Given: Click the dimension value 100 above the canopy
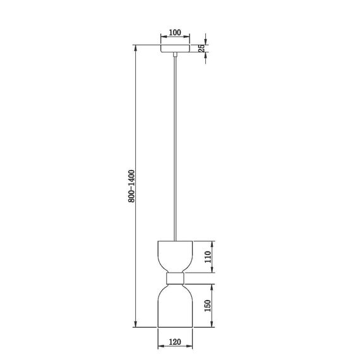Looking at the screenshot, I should click(175, 32).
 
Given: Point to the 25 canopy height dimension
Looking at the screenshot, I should click(202, 49).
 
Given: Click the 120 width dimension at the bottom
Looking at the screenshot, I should click(175, 345).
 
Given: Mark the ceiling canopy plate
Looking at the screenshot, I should click(175, 49).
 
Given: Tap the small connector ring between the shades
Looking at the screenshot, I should click(175, 278).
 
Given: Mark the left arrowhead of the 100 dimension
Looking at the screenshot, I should click(161, 39).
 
